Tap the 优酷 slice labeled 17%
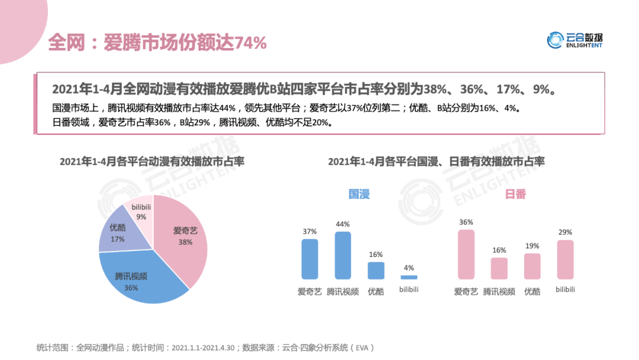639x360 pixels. pos(115,234)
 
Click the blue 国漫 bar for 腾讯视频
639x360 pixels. pos(343,255)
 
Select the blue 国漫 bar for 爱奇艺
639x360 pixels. pos(309,259)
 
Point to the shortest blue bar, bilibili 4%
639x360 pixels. pos(409,277)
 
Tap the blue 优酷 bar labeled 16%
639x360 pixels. pos(376,271)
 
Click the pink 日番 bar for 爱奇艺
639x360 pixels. pos(466,254)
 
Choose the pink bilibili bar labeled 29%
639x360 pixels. pos(565,259)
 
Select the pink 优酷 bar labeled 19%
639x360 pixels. pos(532,266)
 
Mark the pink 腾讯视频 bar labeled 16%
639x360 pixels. pos(499,268)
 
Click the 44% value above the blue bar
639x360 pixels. pos(343,224)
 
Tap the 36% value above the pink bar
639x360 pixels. pos(466,222)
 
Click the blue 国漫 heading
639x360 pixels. pos(359,194)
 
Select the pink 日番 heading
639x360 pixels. pos(515,194)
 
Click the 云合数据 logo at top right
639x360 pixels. pos(575,40)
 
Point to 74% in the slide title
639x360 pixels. pos(251,43)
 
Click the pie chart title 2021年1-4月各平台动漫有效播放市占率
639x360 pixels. pos(152,162)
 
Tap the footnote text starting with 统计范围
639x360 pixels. pos(205,348)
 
